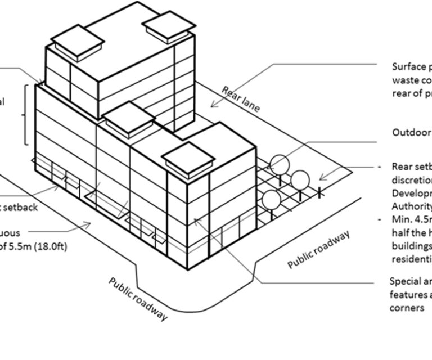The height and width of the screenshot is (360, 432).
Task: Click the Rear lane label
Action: tap(241, 100)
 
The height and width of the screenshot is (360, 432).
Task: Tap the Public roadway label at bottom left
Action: tap(138, 298)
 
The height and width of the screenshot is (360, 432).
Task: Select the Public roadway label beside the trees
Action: tap(319, 250)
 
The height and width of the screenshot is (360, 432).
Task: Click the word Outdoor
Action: tap(411, 133)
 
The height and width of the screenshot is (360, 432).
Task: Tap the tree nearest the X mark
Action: tap(301, 179)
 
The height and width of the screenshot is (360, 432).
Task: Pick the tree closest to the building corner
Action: tap(272, 200)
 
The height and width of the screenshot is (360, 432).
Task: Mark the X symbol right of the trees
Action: tap(320, 192)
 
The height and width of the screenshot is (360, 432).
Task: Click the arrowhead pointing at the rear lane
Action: tap(214, 104)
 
